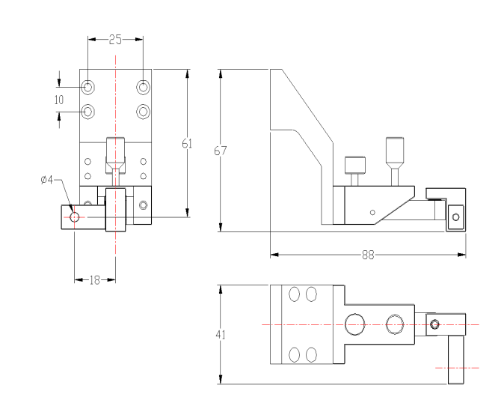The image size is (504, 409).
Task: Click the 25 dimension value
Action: pos(115,40)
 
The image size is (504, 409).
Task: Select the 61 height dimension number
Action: pos(187,143)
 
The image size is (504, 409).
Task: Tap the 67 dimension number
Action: pos(220,151)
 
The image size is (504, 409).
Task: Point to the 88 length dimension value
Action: pos(369,255)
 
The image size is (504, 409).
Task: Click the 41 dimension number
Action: pos(220,335)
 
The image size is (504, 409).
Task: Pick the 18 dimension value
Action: pos(94,280)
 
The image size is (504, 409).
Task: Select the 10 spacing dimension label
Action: pos(59,100)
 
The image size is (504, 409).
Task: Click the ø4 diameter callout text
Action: pos(47,180)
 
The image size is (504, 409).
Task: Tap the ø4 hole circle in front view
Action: pos(74,217)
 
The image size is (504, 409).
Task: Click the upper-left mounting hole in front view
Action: pos(87,87)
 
